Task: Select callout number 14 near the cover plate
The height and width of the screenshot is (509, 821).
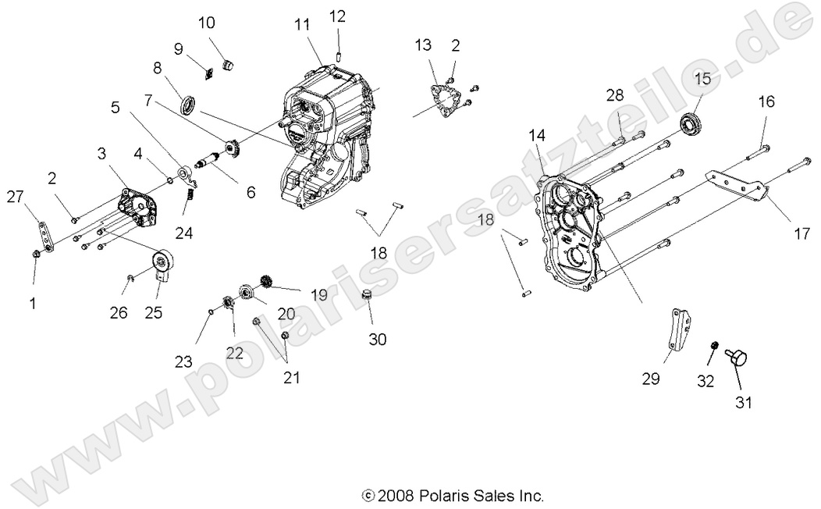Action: [535, 135]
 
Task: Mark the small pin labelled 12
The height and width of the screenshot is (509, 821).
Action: [339, 54]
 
